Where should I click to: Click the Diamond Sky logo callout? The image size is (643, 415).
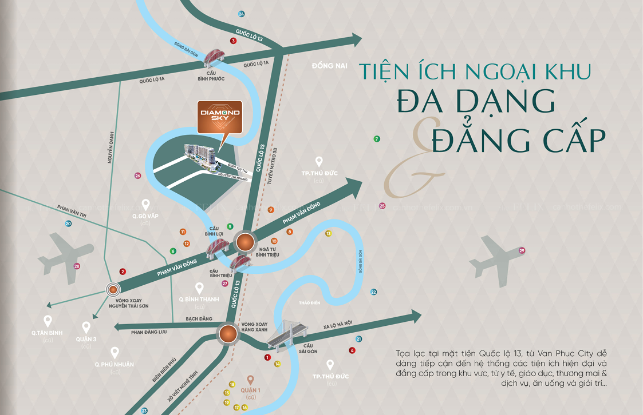(220, 115)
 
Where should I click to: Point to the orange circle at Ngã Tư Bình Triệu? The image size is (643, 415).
(246, 243)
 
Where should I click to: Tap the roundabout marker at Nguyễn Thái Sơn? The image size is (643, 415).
(113, 289)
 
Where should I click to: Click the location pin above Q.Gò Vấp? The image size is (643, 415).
(145, 204)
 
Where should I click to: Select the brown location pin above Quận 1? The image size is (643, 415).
(250, 380)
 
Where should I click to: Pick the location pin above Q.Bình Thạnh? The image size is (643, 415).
(199, 288)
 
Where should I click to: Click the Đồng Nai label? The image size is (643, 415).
(330, 66)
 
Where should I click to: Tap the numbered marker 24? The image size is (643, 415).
(241, 14)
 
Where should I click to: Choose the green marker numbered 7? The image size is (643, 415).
(376, 139)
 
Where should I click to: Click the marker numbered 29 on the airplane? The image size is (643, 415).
(522, 250)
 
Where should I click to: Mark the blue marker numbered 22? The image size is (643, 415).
(373, 292)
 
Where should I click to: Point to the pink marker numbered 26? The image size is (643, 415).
(137, 175)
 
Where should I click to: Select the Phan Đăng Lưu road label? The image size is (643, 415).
(148, 332)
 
